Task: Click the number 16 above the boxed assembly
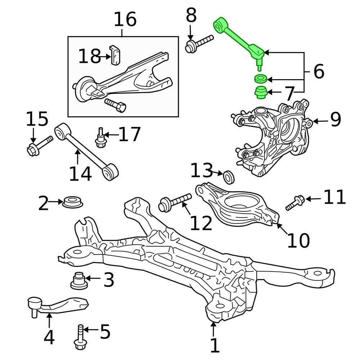tap(125, 20)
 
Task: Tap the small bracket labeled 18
tap(116, 56)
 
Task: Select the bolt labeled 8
tap(198, 44)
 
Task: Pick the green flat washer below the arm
tap(260, 78)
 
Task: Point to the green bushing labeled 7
tap(260, 92)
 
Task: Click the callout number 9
tap(335, 120)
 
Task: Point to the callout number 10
tap(298, 240)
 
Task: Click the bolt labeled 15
tap(39, 144)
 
